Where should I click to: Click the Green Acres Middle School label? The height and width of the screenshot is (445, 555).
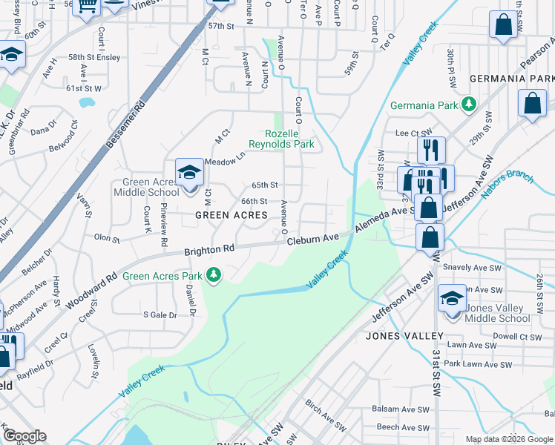coord(146,187)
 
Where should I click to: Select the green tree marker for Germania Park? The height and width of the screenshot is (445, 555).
coord(468,105)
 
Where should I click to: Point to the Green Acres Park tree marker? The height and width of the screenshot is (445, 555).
coord(214,276)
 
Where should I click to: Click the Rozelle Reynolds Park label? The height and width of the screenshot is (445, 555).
coord(280,138)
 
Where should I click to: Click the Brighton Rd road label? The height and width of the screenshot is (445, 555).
coord(209,251)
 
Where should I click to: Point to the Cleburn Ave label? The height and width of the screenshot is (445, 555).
coord(312,239)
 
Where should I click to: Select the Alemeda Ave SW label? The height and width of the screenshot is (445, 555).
coord(382,220)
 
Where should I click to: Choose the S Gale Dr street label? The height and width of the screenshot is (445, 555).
coord(160,315)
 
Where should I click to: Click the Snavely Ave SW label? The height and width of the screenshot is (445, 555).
coord(467,266)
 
